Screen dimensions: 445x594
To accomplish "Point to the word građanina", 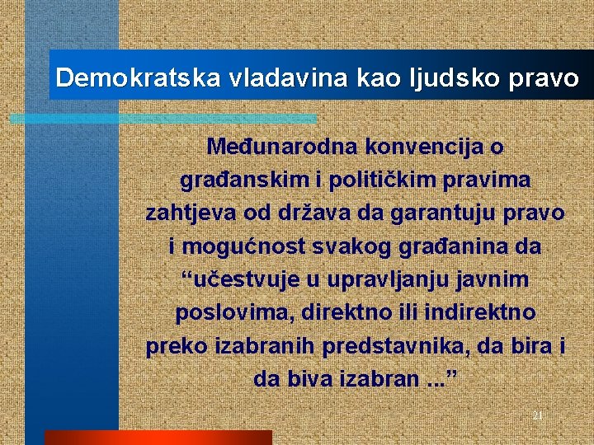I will click(x=457, y=246).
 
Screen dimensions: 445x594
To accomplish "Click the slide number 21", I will click(x=537, y=415).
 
